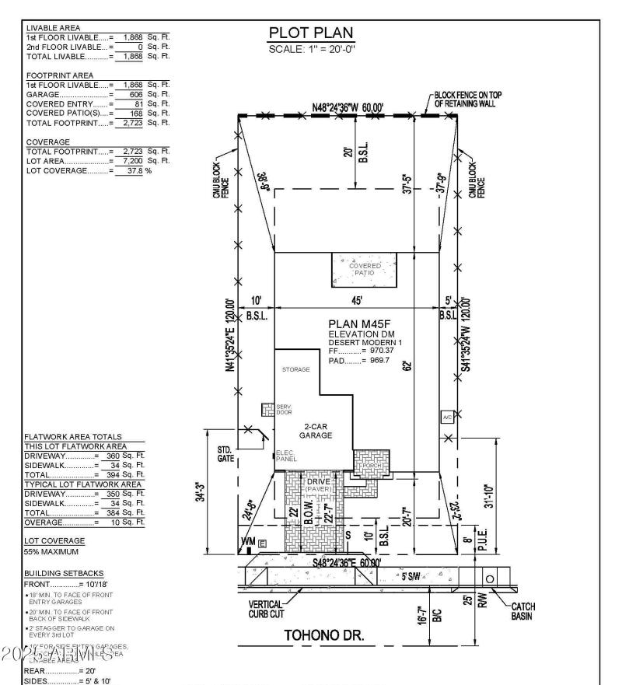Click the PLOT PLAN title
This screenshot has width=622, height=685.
(310, 33)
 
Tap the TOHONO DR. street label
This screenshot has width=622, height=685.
(324, 635)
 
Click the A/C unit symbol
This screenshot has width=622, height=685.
(447, 418)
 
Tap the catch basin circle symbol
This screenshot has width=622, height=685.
(490, 579)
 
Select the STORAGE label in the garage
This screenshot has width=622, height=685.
(295, 369)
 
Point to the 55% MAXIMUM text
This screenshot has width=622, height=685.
(51, 551)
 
